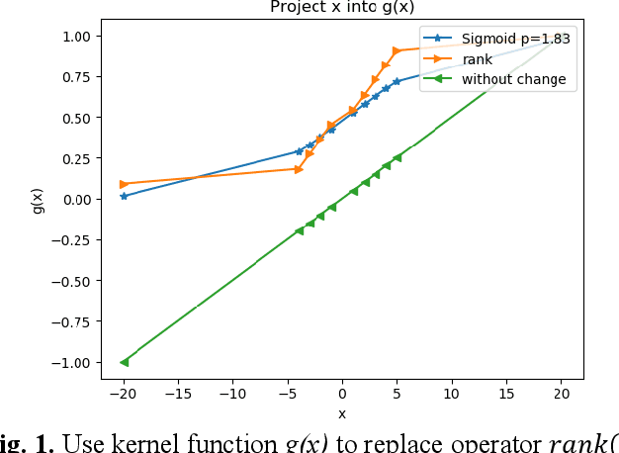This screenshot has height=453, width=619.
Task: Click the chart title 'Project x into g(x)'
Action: (x=342, y=8)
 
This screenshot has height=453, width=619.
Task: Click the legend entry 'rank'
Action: (x=477, y=59)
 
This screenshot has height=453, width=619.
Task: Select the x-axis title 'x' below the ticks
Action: (x=342, y=413)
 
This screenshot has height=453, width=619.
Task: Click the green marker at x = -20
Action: (x=124, y=362)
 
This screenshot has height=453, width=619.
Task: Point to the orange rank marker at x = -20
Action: (x=124, y=184)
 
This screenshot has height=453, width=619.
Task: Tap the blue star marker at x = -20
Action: (x=124, y=196)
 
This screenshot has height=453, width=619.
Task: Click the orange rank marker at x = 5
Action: (x=397, y=50)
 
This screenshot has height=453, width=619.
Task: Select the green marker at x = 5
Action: (x=397, y=157)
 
